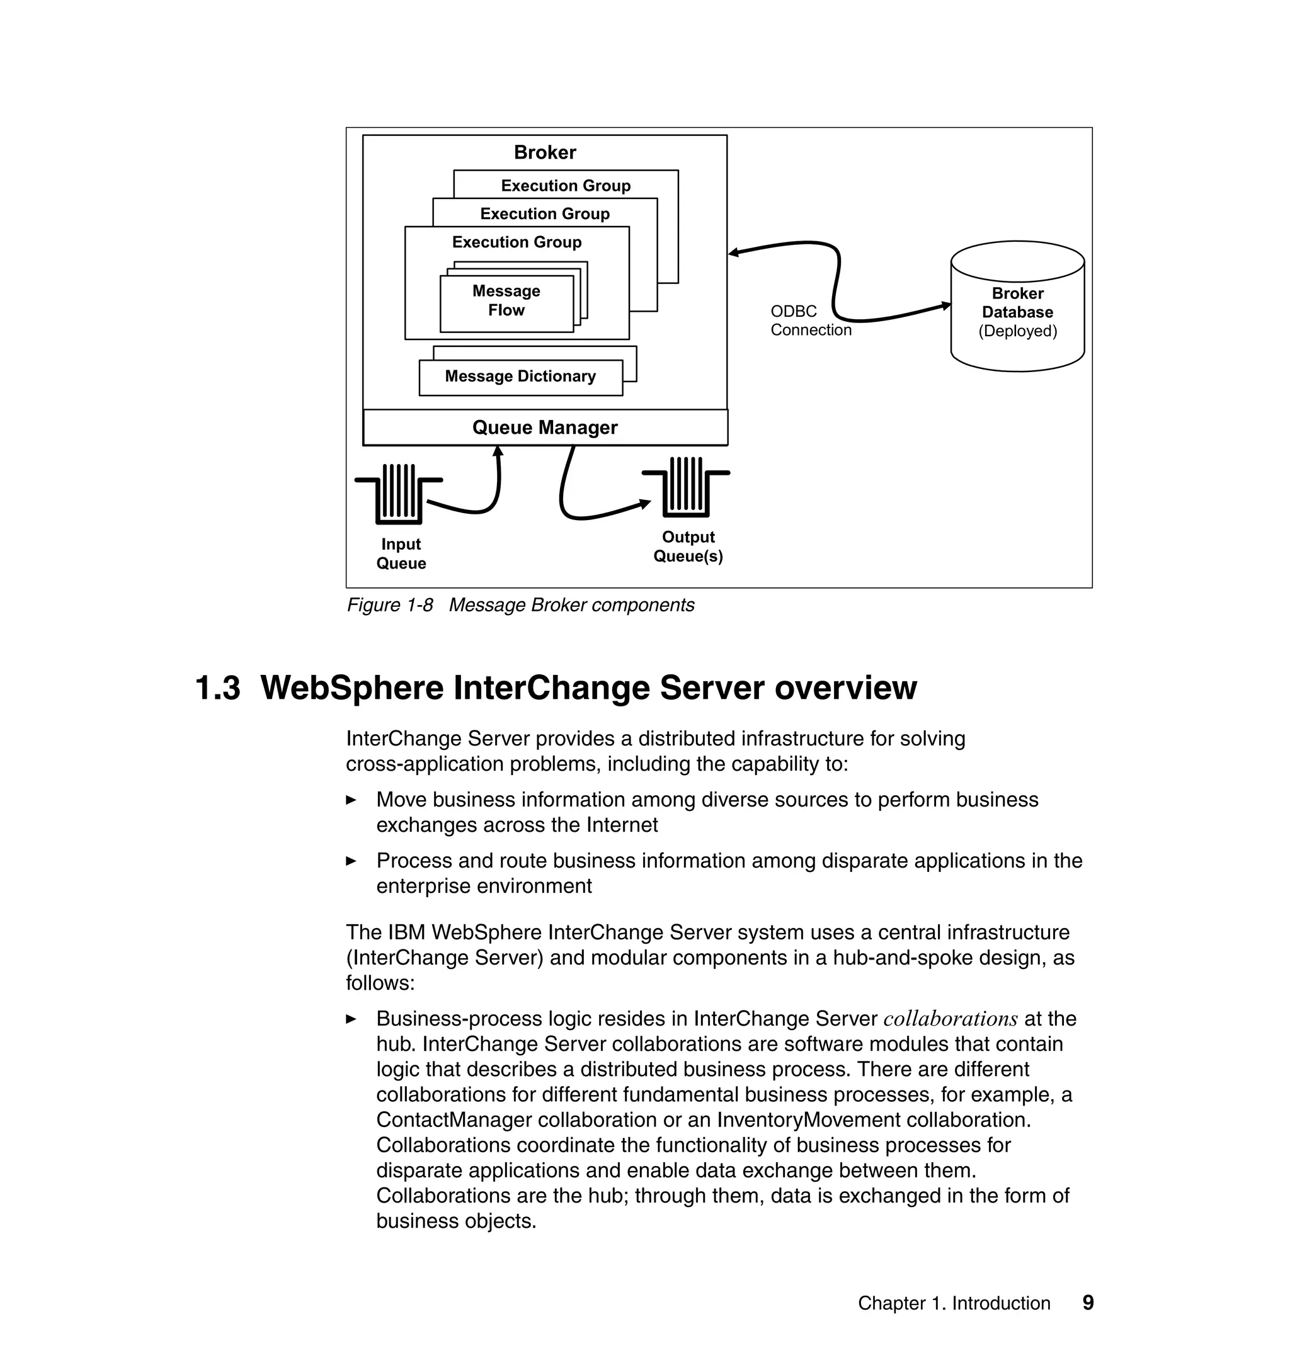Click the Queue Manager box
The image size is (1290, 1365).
pos(545,428)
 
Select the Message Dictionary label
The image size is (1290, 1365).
pos(520,377)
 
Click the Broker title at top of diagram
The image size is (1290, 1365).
pos(545,152)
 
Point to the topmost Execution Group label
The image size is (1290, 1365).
pos(565,186)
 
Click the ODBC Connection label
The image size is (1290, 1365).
pos(810,321)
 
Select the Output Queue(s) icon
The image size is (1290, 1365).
pos(685,487)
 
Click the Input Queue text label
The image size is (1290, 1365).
pos(401,554)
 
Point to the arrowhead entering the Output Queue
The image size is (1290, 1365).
pos(645,504)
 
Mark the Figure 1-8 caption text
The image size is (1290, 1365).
pos(520,605)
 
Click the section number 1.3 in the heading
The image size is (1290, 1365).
pos(217,688)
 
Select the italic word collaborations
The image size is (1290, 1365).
pos(950,1019)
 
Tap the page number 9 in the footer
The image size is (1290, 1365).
pos(1088,1303)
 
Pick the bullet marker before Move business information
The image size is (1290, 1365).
pos(351,800)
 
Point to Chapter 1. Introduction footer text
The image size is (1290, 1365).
pos(954,1303)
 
